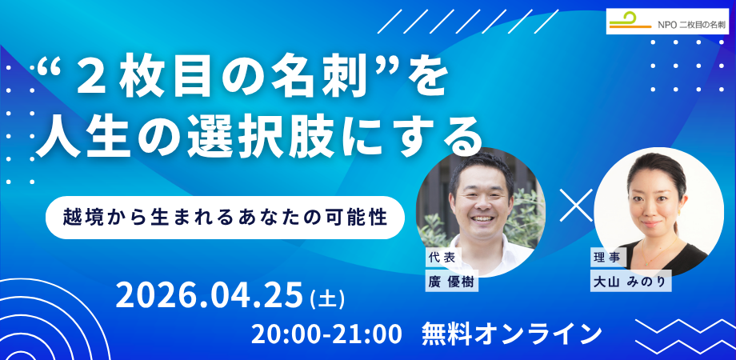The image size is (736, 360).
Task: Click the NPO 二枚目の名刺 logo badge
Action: point(667,21)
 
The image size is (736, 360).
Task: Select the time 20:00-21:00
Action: point(326,334)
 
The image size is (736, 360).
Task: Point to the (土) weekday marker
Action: point(327,299)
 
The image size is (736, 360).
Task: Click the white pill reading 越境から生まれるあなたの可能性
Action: point(225,218)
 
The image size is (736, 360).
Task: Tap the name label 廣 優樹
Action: point(452,281)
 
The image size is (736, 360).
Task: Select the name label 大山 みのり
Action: point(630,281)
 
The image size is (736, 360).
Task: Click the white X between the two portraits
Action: point(577,205)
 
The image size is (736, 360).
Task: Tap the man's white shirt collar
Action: point(474,246)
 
